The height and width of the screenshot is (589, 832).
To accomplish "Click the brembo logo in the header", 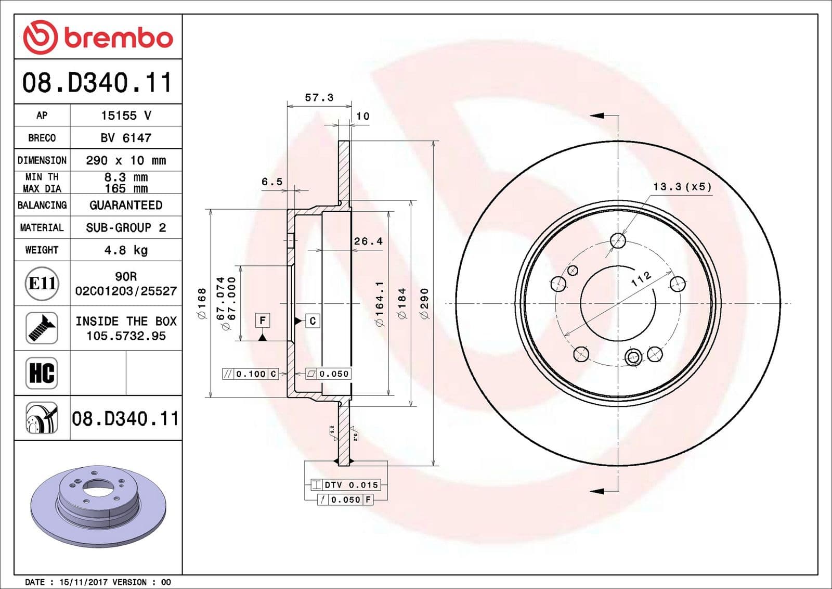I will click(98, 37).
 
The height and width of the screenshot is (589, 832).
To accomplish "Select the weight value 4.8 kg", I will click(126, 250).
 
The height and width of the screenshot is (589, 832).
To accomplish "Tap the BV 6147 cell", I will click(126, 138).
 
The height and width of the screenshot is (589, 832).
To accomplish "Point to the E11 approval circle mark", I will click(42, 284).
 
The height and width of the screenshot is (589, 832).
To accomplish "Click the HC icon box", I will click(42, 373).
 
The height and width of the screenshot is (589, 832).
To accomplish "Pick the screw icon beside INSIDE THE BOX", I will click(42, 328).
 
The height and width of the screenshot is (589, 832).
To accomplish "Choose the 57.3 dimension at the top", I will click(319, 98).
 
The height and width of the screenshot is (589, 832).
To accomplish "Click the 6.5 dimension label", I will click(272, 182).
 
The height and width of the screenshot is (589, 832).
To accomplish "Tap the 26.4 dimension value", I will click(368, 241).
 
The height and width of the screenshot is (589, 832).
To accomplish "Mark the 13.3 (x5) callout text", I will click(682, 186).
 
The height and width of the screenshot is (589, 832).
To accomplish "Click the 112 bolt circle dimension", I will click(641, 279).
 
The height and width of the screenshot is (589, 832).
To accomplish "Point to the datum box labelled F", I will click(263, 321).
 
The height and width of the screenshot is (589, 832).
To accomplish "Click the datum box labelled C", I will click(313, 321).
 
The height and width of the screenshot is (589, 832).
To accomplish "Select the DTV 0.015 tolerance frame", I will click(346, 485).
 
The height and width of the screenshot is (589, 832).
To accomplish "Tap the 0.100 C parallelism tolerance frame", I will click(251, 374).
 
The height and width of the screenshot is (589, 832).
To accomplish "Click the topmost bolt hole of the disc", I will click(618, 240).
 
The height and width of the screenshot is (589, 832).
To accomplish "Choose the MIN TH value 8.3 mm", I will click(126, 177).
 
